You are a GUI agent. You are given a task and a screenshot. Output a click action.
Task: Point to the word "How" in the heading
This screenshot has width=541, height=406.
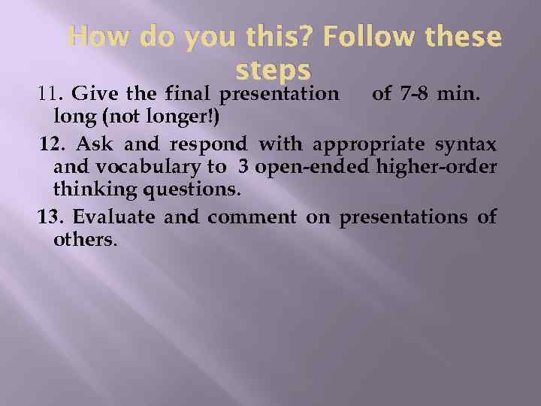click(95, 36)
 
